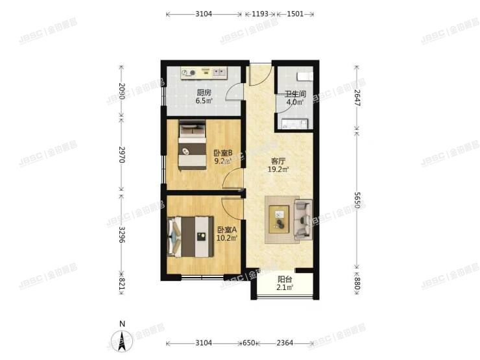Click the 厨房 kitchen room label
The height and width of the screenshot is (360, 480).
click(x=204, y=91)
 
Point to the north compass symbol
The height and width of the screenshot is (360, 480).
click(x=121, y=338)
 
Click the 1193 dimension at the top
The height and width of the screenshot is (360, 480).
click(x=260, y=14)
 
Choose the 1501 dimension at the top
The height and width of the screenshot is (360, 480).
click(x=295, y=14)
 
